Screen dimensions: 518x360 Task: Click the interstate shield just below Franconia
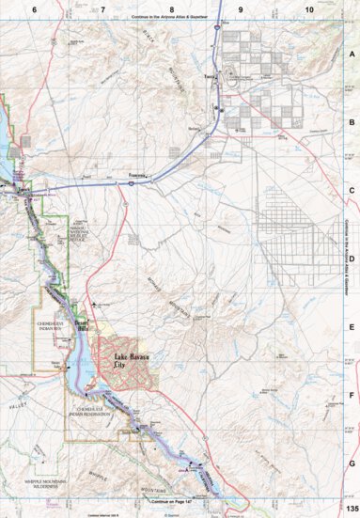pos(131,185)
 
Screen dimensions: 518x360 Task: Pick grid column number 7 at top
pos(103,8)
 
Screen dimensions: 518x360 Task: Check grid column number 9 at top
pos(241,8)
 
